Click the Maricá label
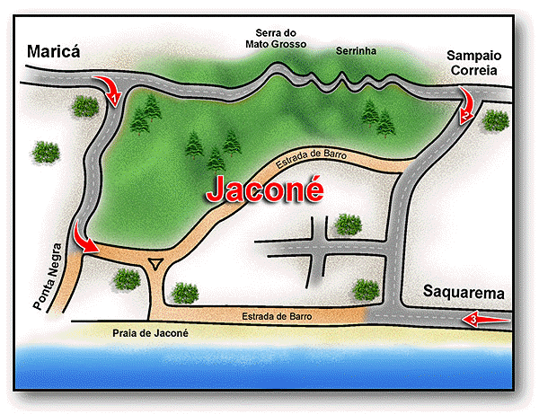(x=53, y=52)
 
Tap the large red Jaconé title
(x=266, y=189)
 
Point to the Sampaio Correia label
(x=478, y=62)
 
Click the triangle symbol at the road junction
(x=157, y=264)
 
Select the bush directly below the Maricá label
(x=84, y=106)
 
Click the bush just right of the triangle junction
(x=185, y=292)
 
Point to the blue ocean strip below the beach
(x=269, y=373)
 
